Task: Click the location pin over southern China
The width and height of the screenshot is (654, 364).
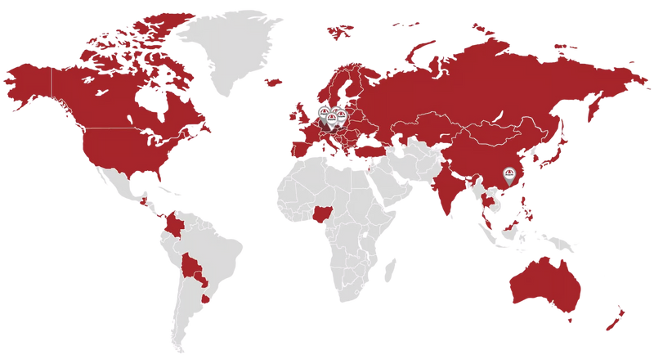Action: point(510,175)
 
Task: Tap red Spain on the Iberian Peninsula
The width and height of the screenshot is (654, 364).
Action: point(300,149)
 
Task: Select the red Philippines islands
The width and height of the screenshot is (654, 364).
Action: point(526,204)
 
